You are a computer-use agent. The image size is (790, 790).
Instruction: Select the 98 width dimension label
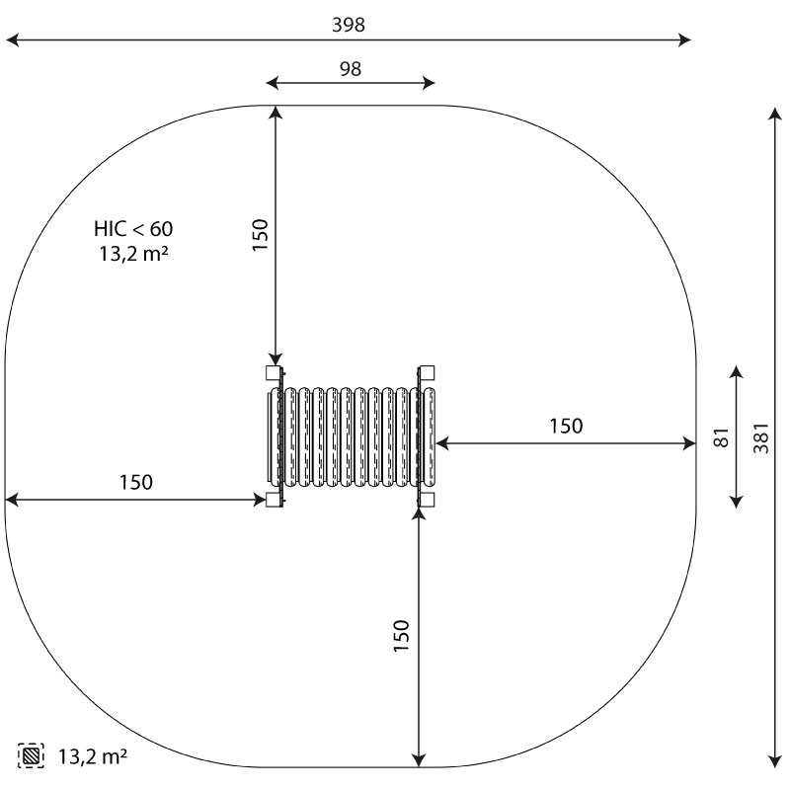351,69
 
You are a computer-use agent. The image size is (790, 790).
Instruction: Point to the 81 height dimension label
722,437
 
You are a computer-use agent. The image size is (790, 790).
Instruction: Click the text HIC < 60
133,229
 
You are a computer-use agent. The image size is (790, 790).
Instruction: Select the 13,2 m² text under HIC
133,254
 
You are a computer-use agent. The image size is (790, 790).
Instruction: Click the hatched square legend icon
31,755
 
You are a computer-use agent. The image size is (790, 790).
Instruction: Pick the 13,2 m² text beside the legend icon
93,756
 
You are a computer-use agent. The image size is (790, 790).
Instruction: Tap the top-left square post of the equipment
275,373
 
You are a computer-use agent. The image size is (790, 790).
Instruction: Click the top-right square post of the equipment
427,373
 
